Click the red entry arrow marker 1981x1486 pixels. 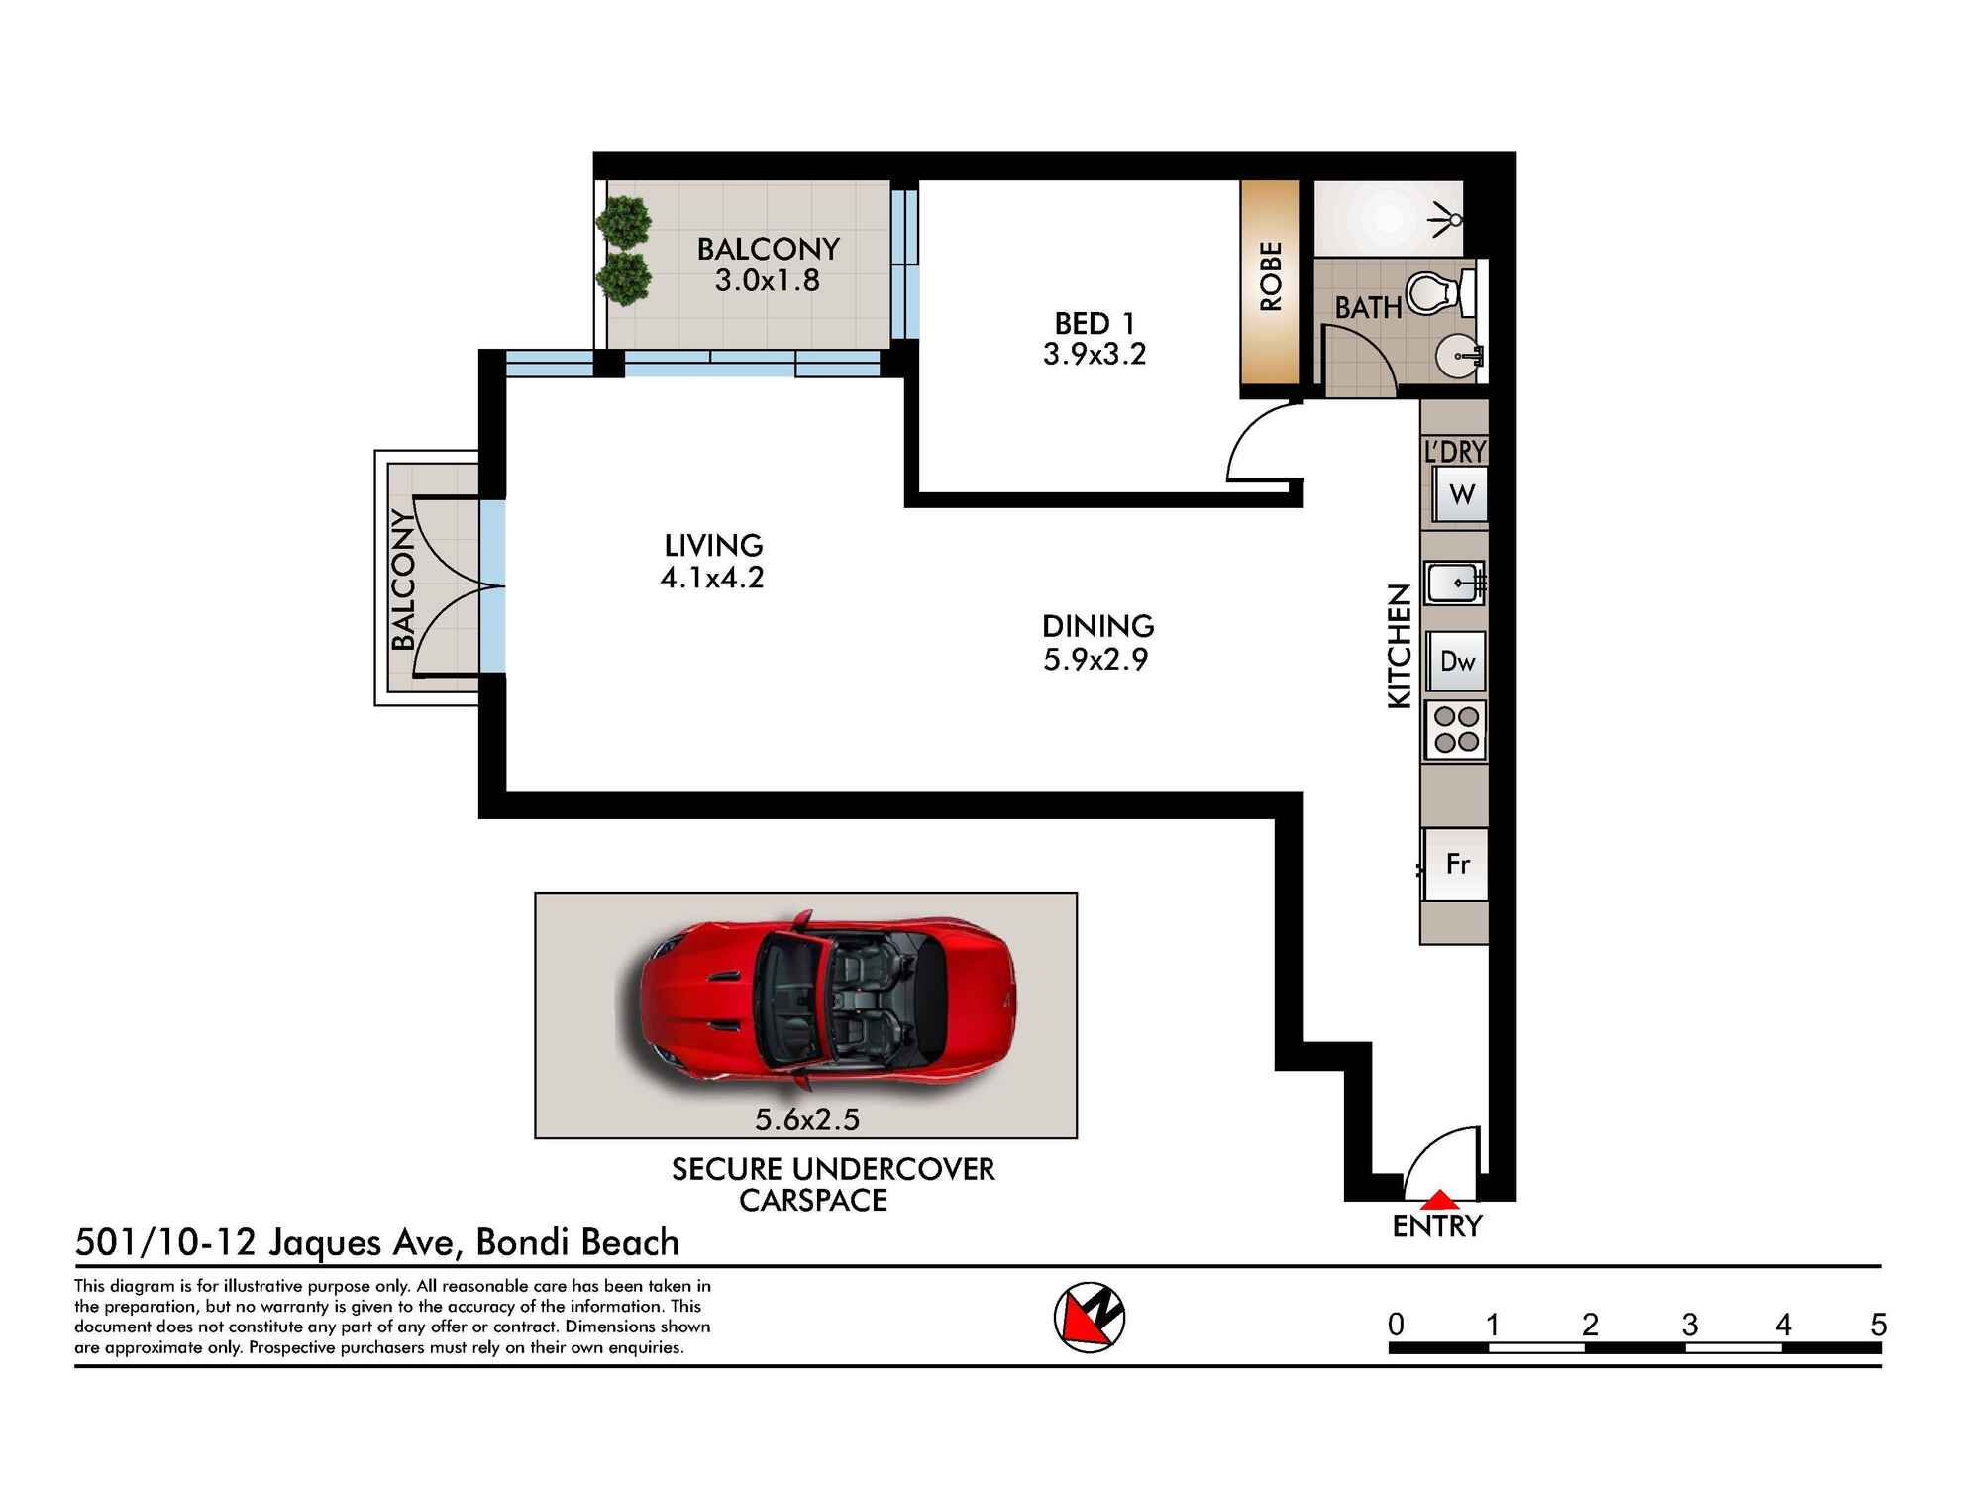coord(1440,1200)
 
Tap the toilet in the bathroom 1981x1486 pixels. coord(1438,293)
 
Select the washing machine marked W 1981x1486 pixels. coord(1461,494)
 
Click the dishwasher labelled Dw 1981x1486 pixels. coord(1457,661)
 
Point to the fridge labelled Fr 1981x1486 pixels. coord(1456,864)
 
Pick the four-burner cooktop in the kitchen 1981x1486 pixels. coord(1456,730)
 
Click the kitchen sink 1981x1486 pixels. coord(1454,583)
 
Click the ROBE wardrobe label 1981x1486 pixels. coord(1271,276)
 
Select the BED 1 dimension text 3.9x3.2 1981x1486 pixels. coord(1094,355)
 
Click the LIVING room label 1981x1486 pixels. coord(713,545)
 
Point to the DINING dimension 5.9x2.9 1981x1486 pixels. coord(1095,660)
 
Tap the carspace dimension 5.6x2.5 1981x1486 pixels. coord(807,1119)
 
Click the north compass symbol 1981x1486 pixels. coord(1089,1317)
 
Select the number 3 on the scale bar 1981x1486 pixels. coord(1689,1325)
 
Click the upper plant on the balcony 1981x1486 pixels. coord(624,221)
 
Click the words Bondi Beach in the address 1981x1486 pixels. coord(577,1242)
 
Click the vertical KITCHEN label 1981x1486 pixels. coord(1399,646)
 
